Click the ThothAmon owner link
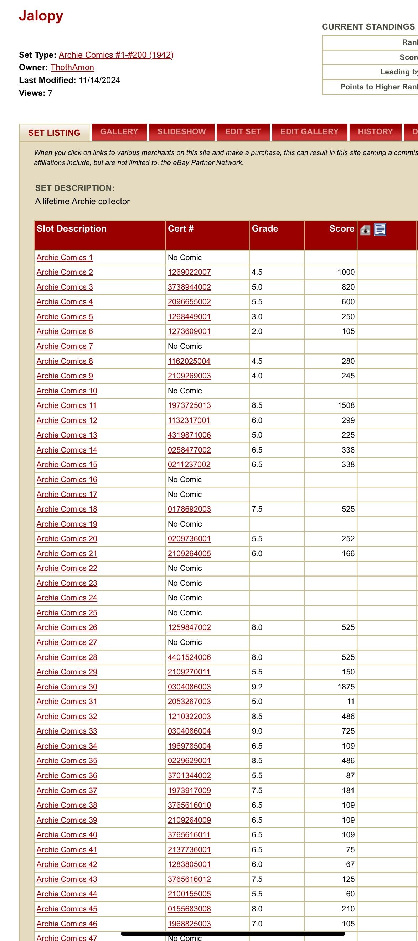(x=72, y=68)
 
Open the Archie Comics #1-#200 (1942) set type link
(x=116, y=55)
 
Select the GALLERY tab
(x=119, y=132)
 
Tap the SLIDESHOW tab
(x=182, y=132)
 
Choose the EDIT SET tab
(x=243, y=132)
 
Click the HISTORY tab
(x=375, y=132)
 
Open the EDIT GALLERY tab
(x=309, y=132)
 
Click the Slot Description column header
(x=72, y=229)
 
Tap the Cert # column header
(x=181, y=229)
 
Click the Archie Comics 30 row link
(x=67, y=687)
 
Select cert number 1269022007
(x=189, y=272)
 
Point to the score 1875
(x=346, y=687)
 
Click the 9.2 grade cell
(x=257, y=687)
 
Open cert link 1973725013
(x=189, y=405)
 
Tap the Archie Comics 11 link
(x=67, y=405)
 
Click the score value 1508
(x=346, y=405)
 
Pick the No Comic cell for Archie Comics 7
(x=185, y=346)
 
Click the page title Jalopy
(x=41, y=16)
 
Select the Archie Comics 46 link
(x=67, y=924)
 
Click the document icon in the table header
(x=380, y=230)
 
